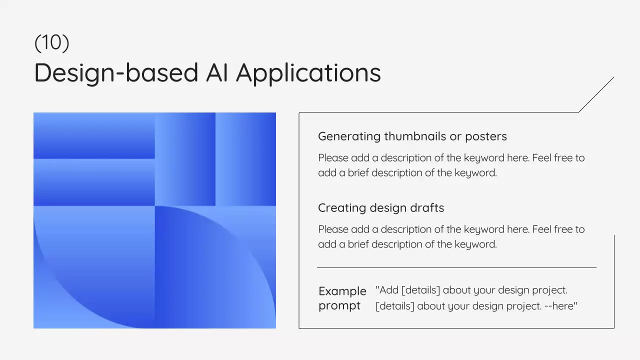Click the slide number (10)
(x=51, y=43)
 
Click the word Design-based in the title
(x=116, y=73)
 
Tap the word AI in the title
(x=217, y=72)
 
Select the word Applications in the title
(x=308, y=73)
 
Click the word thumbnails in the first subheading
(x=415, y=136)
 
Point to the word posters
(x=486, y=137)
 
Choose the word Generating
(x=349, y=137)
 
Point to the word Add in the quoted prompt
(x=389, y=290)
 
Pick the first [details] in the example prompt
(x=421, y=290)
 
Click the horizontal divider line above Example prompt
(x=456, y=267)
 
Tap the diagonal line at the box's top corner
(x=596, y=94)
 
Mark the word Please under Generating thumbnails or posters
(x=333, y=158)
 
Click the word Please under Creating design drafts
(x=333, y=229)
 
